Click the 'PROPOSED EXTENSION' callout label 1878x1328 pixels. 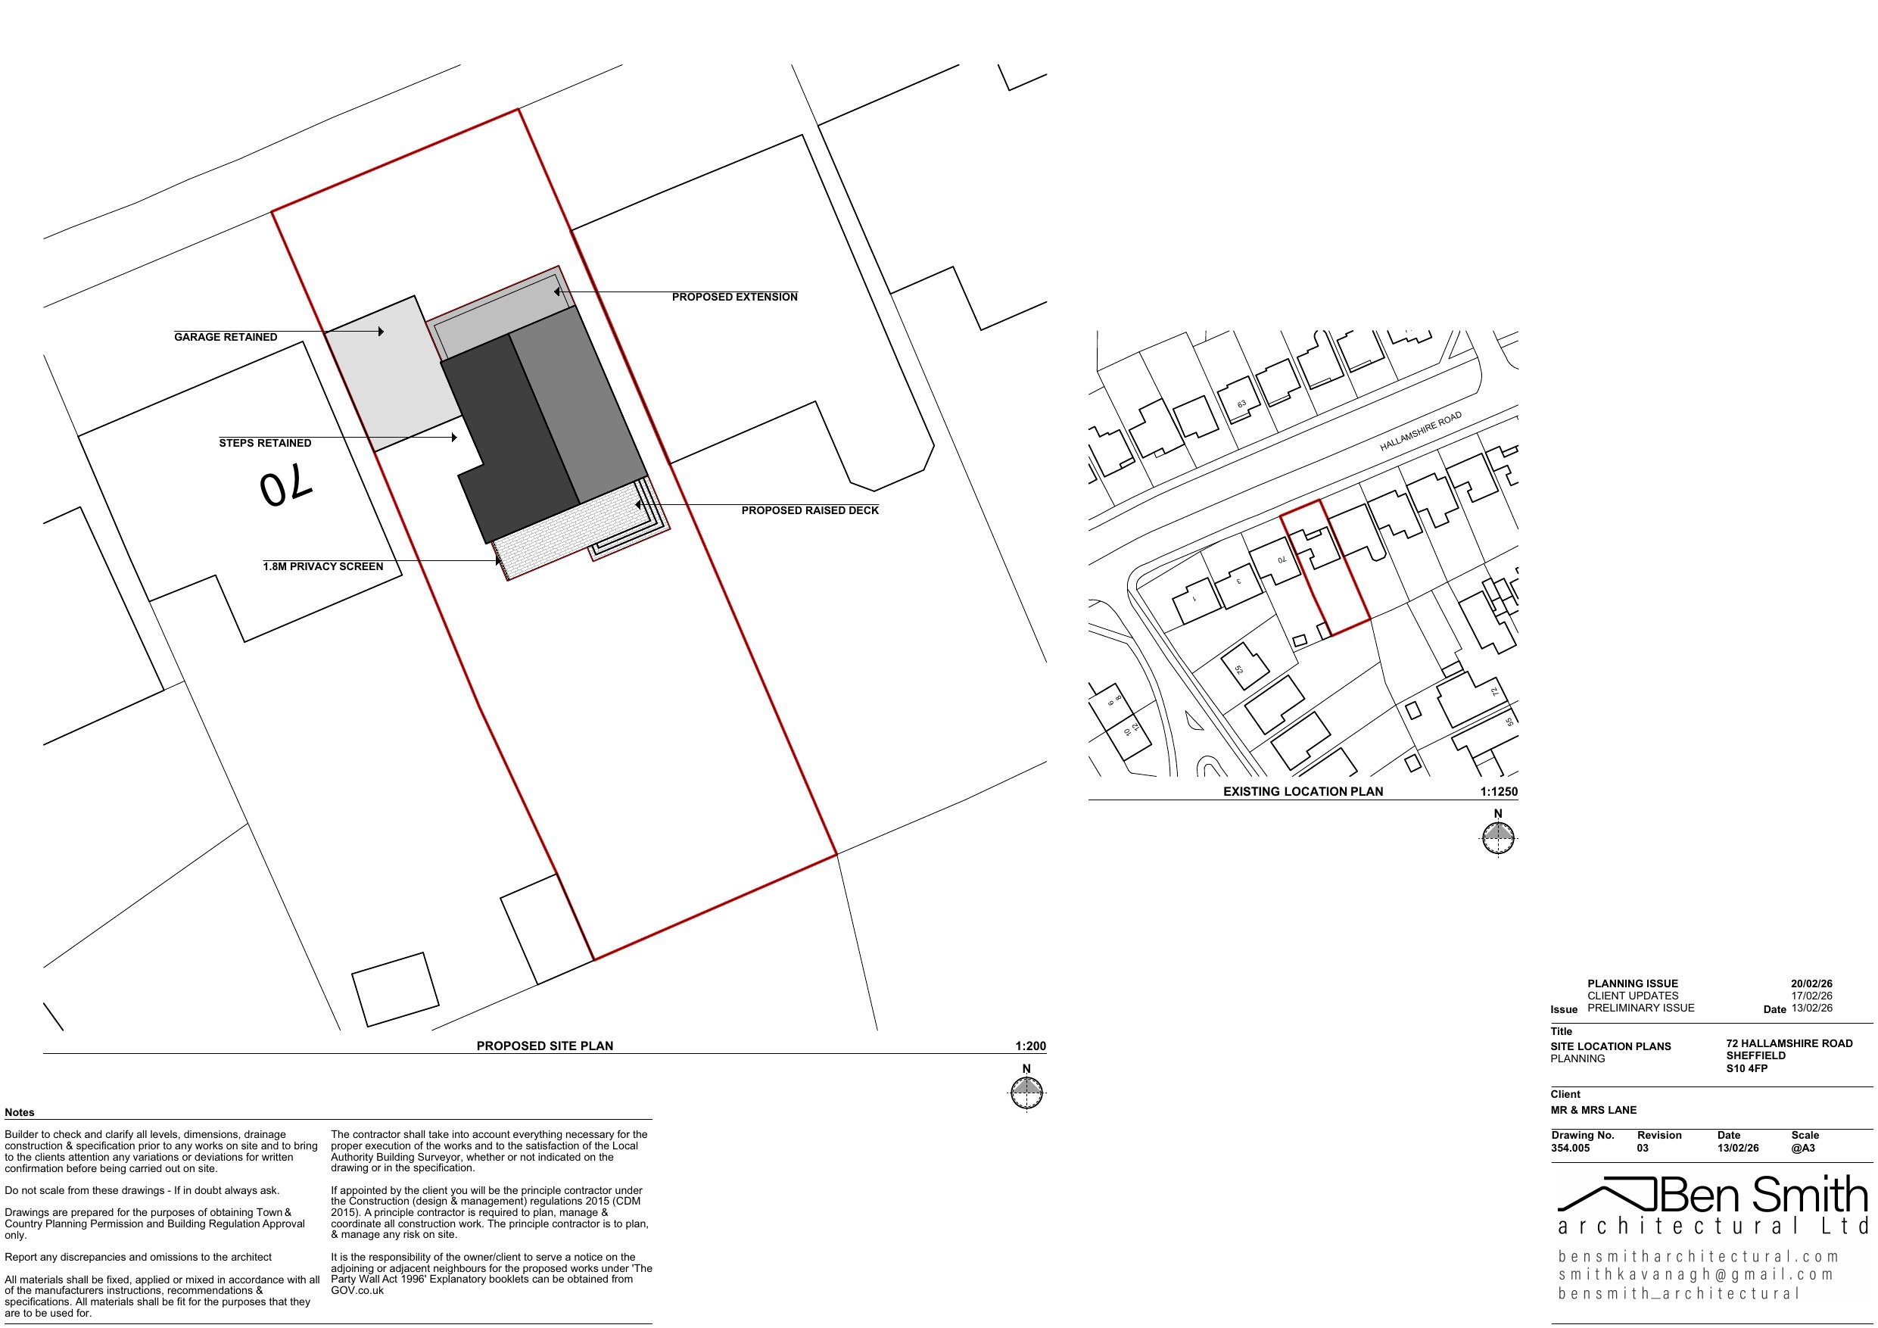click(734, 297)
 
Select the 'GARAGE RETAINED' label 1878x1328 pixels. click(226, 337)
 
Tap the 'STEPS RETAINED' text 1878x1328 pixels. click(265, 444)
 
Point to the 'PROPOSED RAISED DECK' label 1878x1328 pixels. click(810, 510)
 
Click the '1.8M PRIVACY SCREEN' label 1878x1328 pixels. click(323, 567)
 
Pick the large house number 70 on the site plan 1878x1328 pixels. click(286, 488)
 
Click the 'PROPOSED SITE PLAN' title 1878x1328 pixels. click(545, 1046)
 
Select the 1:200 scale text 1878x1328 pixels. click(1029, 1046)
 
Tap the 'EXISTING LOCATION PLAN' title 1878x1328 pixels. click(1303, 791)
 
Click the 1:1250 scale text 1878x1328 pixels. click(1499, 791)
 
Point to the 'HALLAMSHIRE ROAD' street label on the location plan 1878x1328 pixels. click(1420, 432)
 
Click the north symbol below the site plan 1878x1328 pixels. click(1027, 1093)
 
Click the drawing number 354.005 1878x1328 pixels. click(1571, 1148)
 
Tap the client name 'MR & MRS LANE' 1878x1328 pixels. click(1593, 1111)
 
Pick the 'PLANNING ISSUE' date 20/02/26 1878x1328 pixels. click(1811, 984)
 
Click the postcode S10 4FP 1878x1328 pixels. click(1747, 1068)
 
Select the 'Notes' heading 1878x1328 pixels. click(20, 1113)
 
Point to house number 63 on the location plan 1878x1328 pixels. click(1241, 404)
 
